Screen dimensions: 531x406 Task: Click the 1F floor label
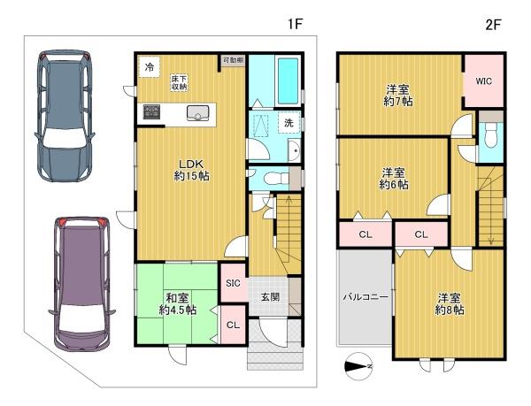click(295, 25)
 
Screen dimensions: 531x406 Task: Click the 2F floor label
click(493, 25)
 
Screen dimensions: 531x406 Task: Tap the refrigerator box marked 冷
click(149, 67)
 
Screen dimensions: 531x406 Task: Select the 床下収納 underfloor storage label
click(179, 83)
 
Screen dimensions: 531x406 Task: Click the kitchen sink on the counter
click(197, 112)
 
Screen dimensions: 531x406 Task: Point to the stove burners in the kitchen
click(151, 112)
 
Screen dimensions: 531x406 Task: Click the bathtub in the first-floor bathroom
click(288, 81)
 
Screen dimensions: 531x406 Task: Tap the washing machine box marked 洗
click(289, 122)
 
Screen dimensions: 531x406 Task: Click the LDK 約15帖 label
click(191, 170)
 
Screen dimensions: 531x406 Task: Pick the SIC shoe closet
click(233, 283)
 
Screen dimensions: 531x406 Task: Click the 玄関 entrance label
click(270, 297)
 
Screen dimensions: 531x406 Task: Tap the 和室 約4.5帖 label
click(178, 304)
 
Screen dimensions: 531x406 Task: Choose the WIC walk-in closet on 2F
click(483, 81)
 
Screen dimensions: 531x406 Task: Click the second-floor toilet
click(490, 134)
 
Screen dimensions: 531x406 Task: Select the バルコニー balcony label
click(366, 297)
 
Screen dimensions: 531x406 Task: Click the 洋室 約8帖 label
click(450, 304)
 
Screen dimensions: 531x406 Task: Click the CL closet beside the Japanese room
click(233, 325)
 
